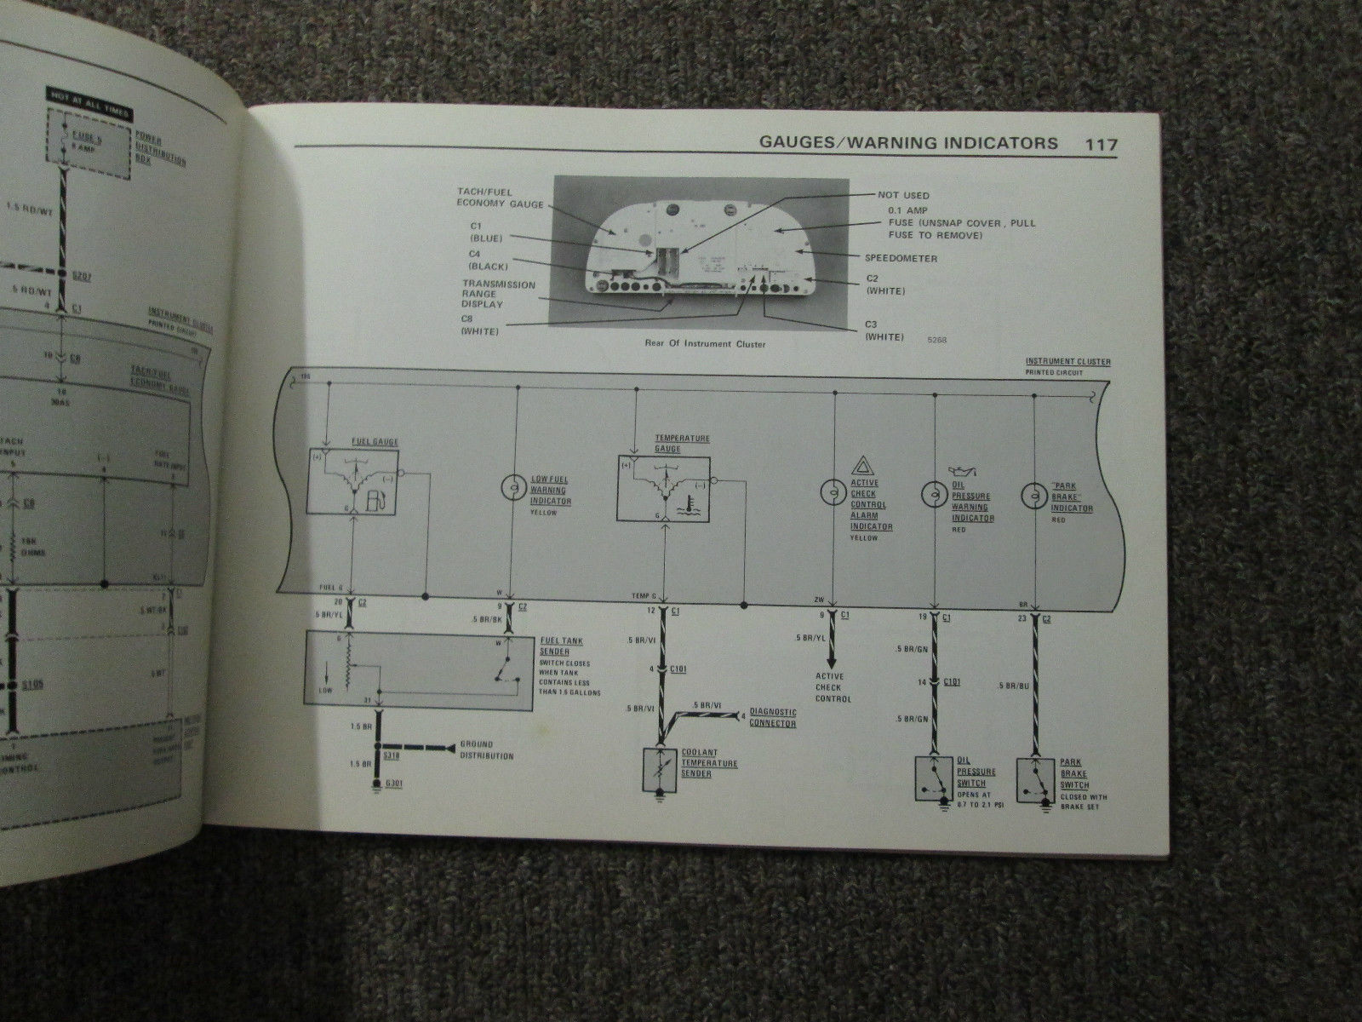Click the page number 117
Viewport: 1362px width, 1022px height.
pyautogui.click(x=1100, y=144)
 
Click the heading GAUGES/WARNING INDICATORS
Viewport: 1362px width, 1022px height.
pyautogui.click(x=908, y=143)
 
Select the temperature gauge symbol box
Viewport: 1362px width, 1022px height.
pyautogui.click(x=663, y=486)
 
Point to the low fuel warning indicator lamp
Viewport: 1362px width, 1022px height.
pyautogui.click(x=514, y=487)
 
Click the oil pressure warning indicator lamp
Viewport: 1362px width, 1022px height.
pyautogui.click(x=934, y=492)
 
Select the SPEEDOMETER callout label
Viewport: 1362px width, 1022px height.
pyautogui.click(x=901, y=257)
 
